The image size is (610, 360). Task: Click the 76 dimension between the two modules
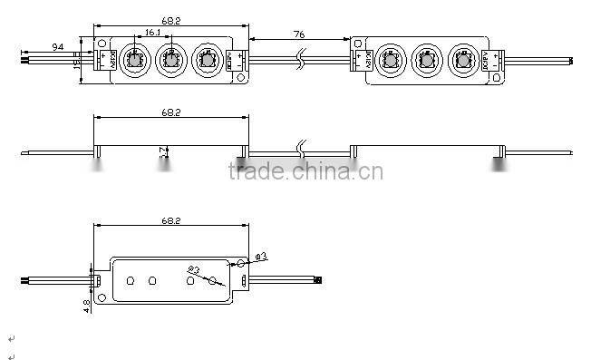coord(300,33)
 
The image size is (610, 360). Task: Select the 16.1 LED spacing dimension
coord(152,34)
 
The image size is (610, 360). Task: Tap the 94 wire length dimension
coord(58,45)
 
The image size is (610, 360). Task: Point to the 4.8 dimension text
coord(86,306)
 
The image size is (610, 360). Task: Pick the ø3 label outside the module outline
coord(259,257)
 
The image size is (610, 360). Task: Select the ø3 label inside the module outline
coord(193,269)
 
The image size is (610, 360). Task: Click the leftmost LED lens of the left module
coord(130,62)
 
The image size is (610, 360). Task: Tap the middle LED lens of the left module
coord(169,62)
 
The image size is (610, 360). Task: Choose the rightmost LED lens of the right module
coord(462,62)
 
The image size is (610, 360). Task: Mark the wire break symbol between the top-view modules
coord(301,61)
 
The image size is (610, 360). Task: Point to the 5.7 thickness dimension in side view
coord(163,155)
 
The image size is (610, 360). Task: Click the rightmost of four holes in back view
coord(214,281)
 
